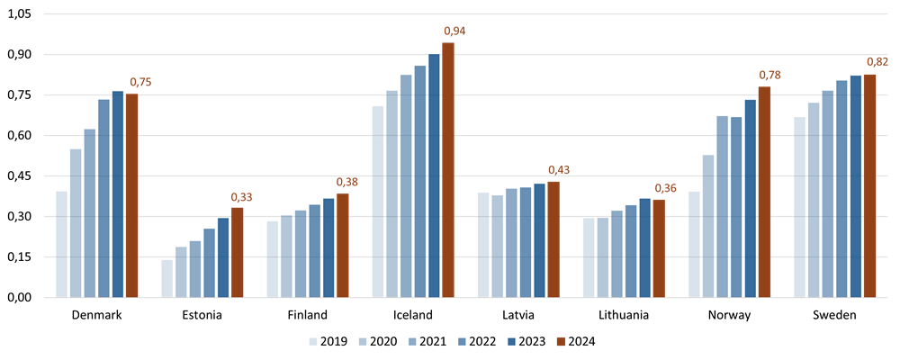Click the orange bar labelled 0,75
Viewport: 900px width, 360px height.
(x=131, y=195)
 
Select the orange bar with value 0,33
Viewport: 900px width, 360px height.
(x=237, y=252)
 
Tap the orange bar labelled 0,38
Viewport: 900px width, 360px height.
(x=342, y=245)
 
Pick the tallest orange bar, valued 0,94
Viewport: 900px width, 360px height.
(x=448, y=169)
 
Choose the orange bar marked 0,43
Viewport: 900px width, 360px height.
(x=553, y=238)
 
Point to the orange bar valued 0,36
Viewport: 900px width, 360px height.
(x=659, y=247)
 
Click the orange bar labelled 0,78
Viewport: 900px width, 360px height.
(x=764, y=192)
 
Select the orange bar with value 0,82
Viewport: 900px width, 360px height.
(x=869, y=184)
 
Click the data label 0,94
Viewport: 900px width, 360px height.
(x=454, y=31)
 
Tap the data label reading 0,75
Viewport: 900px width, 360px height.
(x=140, y=83)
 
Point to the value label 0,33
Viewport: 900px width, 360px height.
(x=241, y=198)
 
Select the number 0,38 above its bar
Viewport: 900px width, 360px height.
(x=346, y=183)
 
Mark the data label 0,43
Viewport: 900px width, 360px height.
(x=559, y=170)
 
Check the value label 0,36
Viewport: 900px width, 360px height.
(x=665, y=188)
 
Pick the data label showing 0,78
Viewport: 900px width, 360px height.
(x=769, y=76)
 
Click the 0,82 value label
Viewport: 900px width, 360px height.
(x=877, y=62)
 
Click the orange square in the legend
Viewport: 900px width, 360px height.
(x=561, y=342)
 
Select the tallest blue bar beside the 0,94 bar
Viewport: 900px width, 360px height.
(x=434, y=175)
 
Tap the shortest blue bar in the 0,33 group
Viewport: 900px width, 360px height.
(x=166, y=278)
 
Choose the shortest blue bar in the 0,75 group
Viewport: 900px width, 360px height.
(x=61, y=243)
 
